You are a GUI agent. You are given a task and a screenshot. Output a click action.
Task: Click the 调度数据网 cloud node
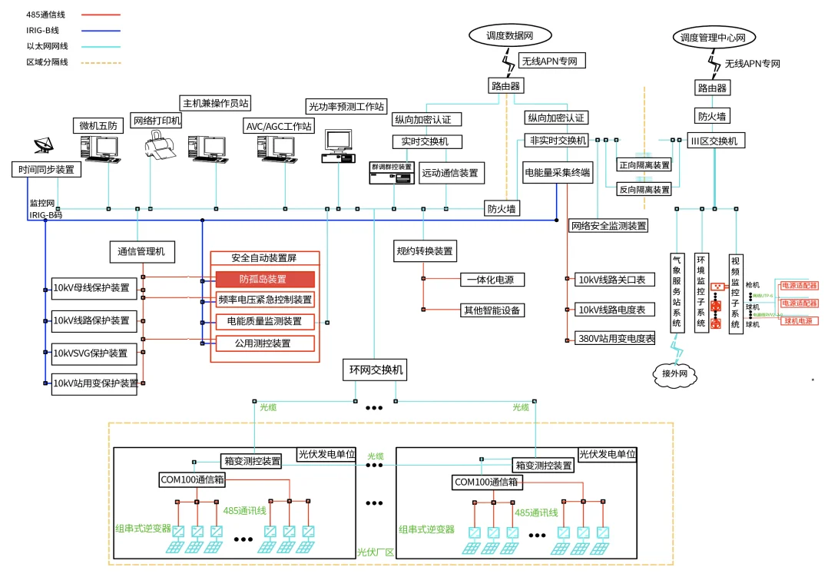pyautogui.click(x=509, y=35)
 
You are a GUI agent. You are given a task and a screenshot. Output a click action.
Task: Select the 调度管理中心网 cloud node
pyautogui.click(x=714, y=36)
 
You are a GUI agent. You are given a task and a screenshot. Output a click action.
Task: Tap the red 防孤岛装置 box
pyautogui.click(x=265, y=280)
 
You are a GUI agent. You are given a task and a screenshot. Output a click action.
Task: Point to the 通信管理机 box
pyautogui.click(x=142, y=251)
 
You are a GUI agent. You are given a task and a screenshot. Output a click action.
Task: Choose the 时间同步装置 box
pyautogui.click(x=47, y=170)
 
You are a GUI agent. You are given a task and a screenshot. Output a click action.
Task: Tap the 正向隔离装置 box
pyautogui.click(x=644, y=164)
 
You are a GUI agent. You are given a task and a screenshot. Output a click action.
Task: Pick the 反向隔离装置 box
pyautogui.click(x=644, y=189)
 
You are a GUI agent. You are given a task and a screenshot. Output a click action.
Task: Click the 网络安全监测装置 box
pyautogui.click(x=608, y=226)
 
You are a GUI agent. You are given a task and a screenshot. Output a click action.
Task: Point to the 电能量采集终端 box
pyautogui.click(x=558, y=173)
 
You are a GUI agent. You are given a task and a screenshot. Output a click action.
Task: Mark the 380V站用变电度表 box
pyautogui.click(x=616, y=338)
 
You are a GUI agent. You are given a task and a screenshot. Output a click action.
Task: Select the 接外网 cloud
pyautogui.click(x=674, y=374)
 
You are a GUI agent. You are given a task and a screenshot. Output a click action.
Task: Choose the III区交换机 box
pyautogui.click(x=714, y=141)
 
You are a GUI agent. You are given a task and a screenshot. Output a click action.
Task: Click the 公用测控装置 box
pyautogui.click(x=265, y=343)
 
